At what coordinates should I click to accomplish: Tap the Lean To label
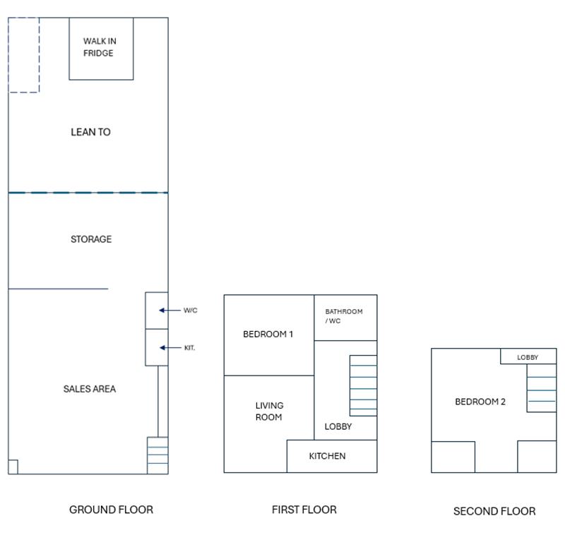pyautogui.click(x=90, y=132)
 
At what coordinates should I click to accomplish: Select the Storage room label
pyautogui.click(x=90, y=239)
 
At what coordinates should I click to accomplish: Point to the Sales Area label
pyautogui.click(x=89, y=389)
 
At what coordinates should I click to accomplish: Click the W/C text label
pyautogui.click(x=191, y=310)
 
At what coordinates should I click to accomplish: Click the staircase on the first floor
pyautogui.click(x=363, y=385)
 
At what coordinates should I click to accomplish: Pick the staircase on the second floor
pyautogui.click(x=541, y=393)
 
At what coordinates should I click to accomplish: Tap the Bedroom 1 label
pyautogui.click(x=268, y=335)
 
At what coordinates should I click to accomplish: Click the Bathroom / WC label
pyautogui.click(x=344, y=316)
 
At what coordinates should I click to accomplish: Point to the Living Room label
pyautogui.click(x=269, y=412)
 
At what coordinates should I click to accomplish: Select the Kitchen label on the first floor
pyautogui.click(x=327, y=456)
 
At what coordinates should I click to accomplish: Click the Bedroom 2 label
pyautogui.click(x=480, y=402)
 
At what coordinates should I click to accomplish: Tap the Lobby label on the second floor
pyautogui.click(x=527, y=357)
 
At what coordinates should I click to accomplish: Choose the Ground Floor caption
pyautogui.click(x=111, y=510)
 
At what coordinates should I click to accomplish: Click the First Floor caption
pyautogui.click(x=304, y=510)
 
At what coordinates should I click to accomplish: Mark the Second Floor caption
pyautogui.click(x=494, y=511)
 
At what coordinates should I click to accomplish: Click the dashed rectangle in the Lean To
pyautogui.click(x=23, y=55)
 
